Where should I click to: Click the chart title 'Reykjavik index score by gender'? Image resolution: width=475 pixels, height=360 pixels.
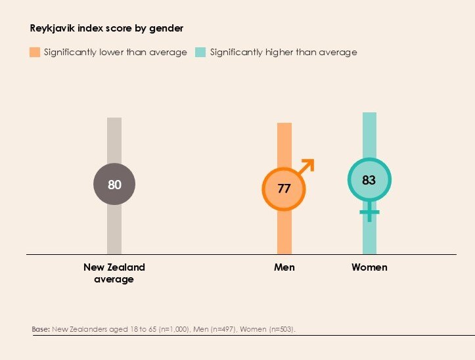click(x=106, y=28)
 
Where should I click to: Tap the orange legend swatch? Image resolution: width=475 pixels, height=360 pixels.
click(x=35, y=52)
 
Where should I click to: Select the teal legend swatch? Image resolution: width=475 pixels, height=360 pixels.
click(x=200, y=52)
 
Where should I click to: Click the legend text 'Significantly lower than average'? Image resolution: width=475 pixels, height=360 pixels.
click(x=115, y=52)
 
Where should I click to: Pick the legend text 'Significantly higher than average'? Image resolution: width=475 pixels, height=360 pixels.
click(x=283, y=52)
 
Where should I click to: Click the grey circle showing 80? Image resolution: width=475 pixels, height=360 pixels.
click(x=114, y=185)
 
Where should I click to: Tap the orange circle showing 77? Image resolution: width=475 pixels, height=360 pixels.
click(x=284, y=189)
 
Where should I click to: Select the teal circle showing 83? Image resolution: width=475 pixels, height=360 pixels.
click(x=369, y=179)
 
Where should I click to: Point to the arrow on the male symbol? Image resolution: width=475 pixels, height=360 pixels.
click(x=308, y=164)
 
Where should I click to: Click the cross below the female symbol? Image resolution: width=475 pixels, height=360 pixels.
click(x=369, y=212)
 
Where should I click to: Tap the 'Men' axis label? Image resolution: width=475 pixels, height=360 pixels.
click(x=284, y=267)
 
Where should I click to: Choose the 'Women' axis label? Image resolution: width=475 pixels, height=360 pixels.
click(x=369, y=267)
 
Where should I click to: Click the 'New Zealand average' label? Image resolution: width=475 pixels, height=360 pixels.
click(x=114, y=273)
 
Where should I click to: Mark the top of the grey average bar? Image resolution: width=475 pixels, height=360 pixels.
click(x=114, y=120)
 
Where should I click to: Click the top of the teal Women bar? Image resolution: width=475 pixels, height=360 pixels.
click(x=369, y=114)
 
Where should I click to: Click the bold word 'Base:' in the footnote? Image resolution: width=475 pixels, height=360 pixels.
click(x=40, y=328)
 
